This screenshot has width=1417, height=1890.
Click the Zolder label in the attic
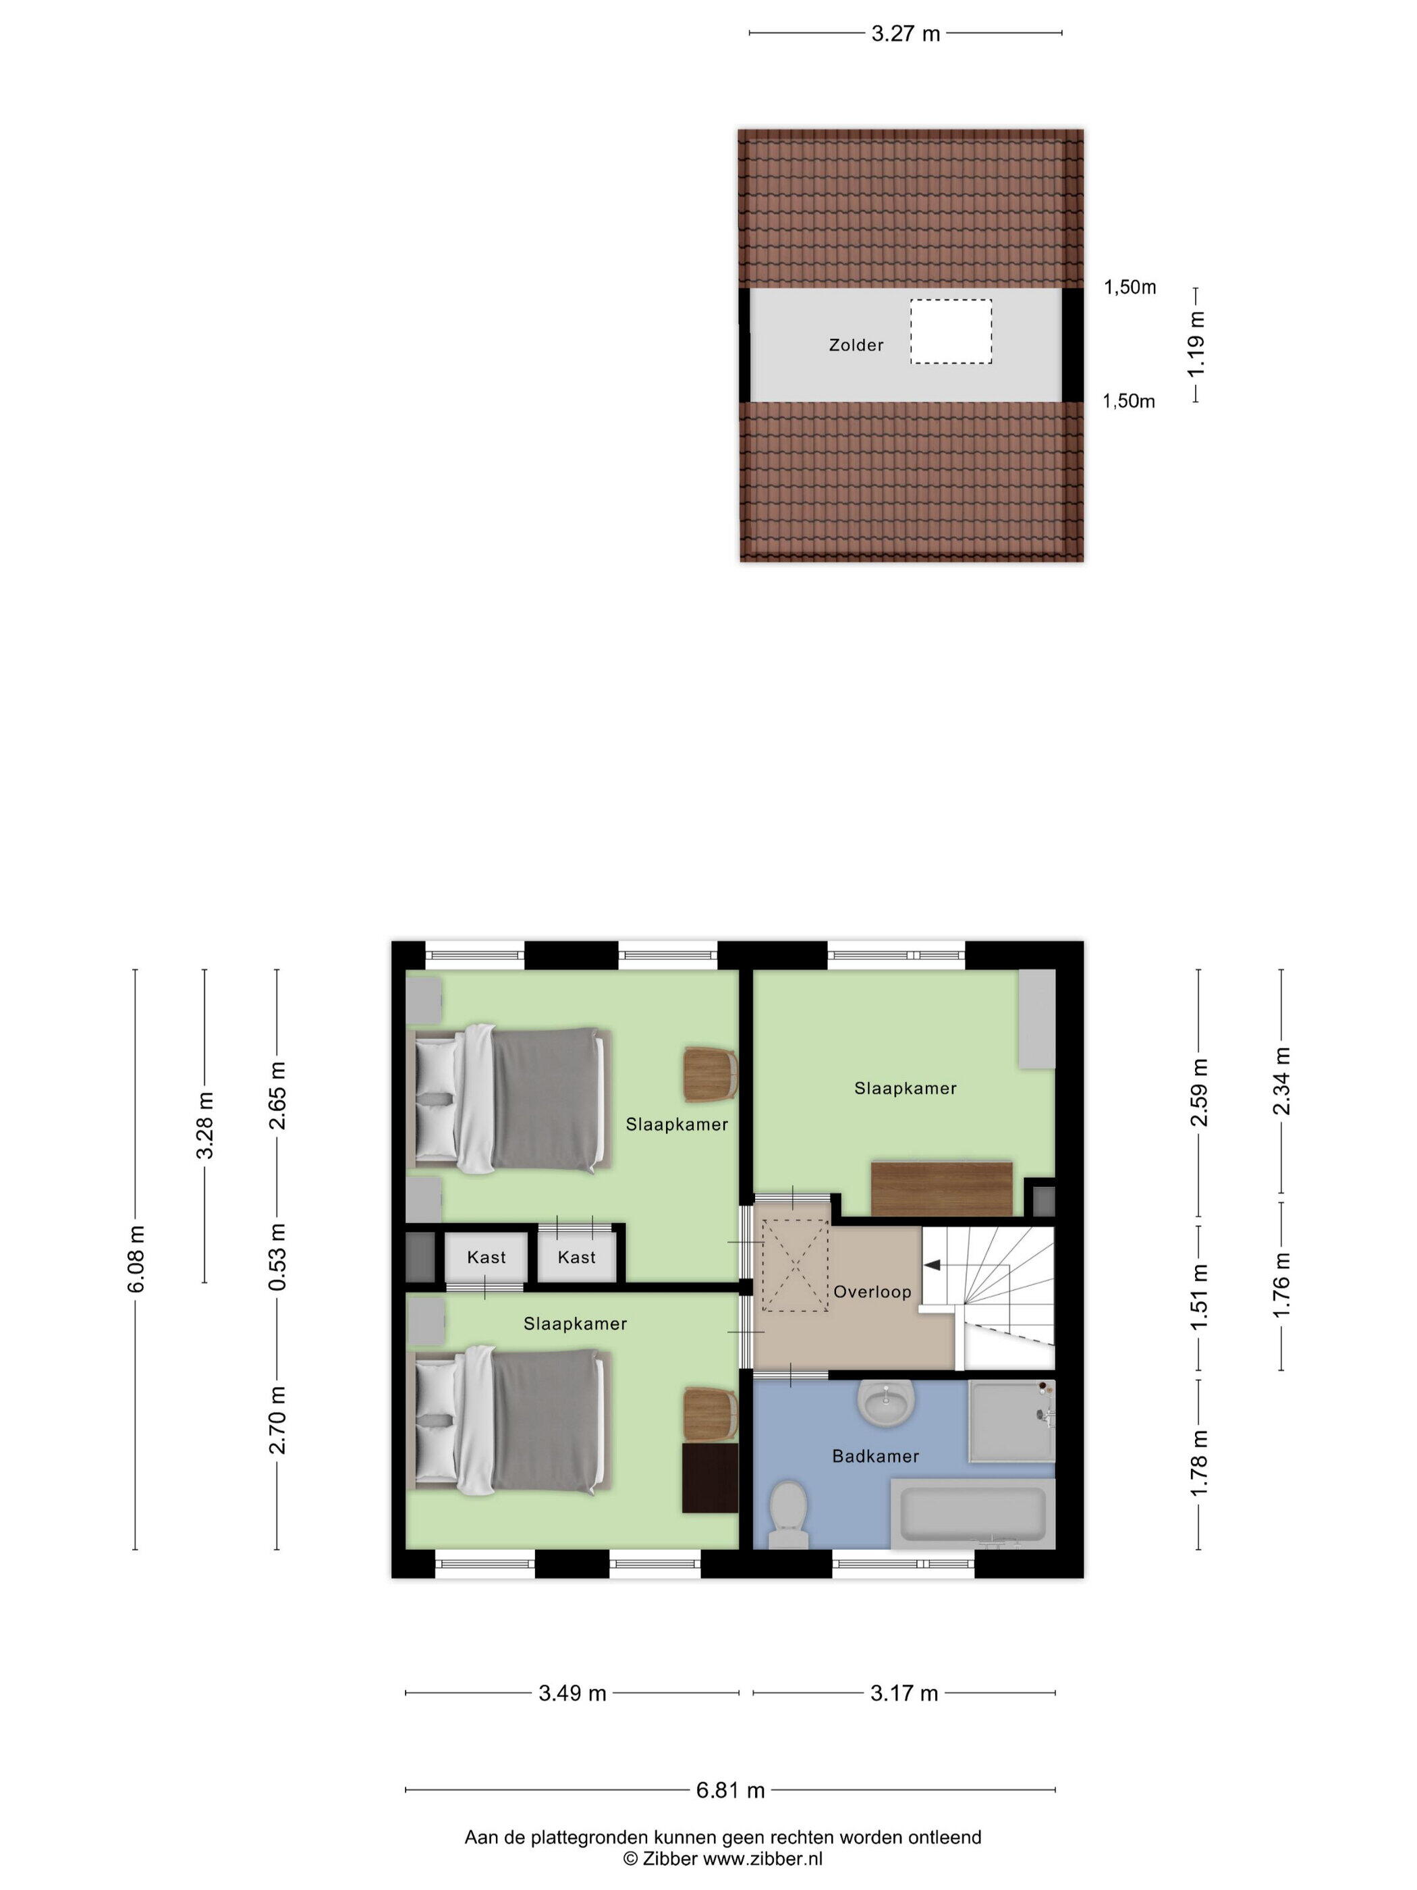click(856, 345)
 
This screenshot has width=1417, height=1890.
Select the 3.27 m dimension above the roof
click(906, 33)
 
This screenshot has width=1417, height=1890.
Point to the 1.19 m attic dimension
click(1196, 344)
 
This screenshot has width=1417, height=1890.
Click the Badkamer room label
click(875, 1456)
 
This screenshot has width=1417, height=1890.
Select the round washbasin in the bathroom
click(886, 1402)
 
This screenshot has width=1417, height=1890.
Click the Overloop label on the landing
click(872, 1292)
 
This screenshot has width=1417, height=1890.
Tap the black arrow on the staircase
click(933, 1264)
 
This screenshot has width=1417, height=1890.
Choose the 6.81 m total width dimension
click(730, 1790)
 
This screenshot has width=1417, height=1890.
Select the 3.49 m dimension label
click(572, 1694)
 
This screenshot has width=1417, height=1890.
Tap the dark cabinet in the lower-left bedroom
click(710, 1478)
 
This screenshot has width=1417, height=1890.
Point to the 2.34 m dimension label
click(1281, 1081)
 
